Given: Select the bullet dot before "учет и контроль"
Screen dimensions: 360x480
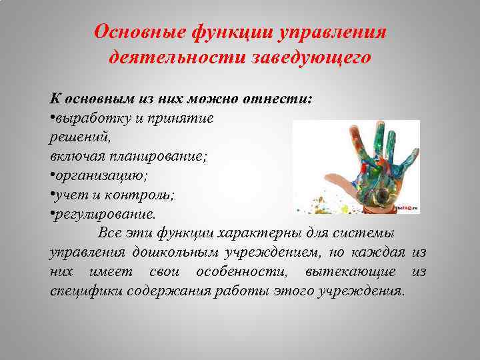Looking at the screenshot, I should click(52, 197).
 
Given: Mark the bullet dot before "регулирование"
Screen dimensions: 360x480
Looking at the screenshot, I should click(52, 215).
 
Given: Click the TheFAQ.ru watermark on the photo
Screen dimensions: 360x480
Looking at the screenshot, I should click(405, 209).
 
